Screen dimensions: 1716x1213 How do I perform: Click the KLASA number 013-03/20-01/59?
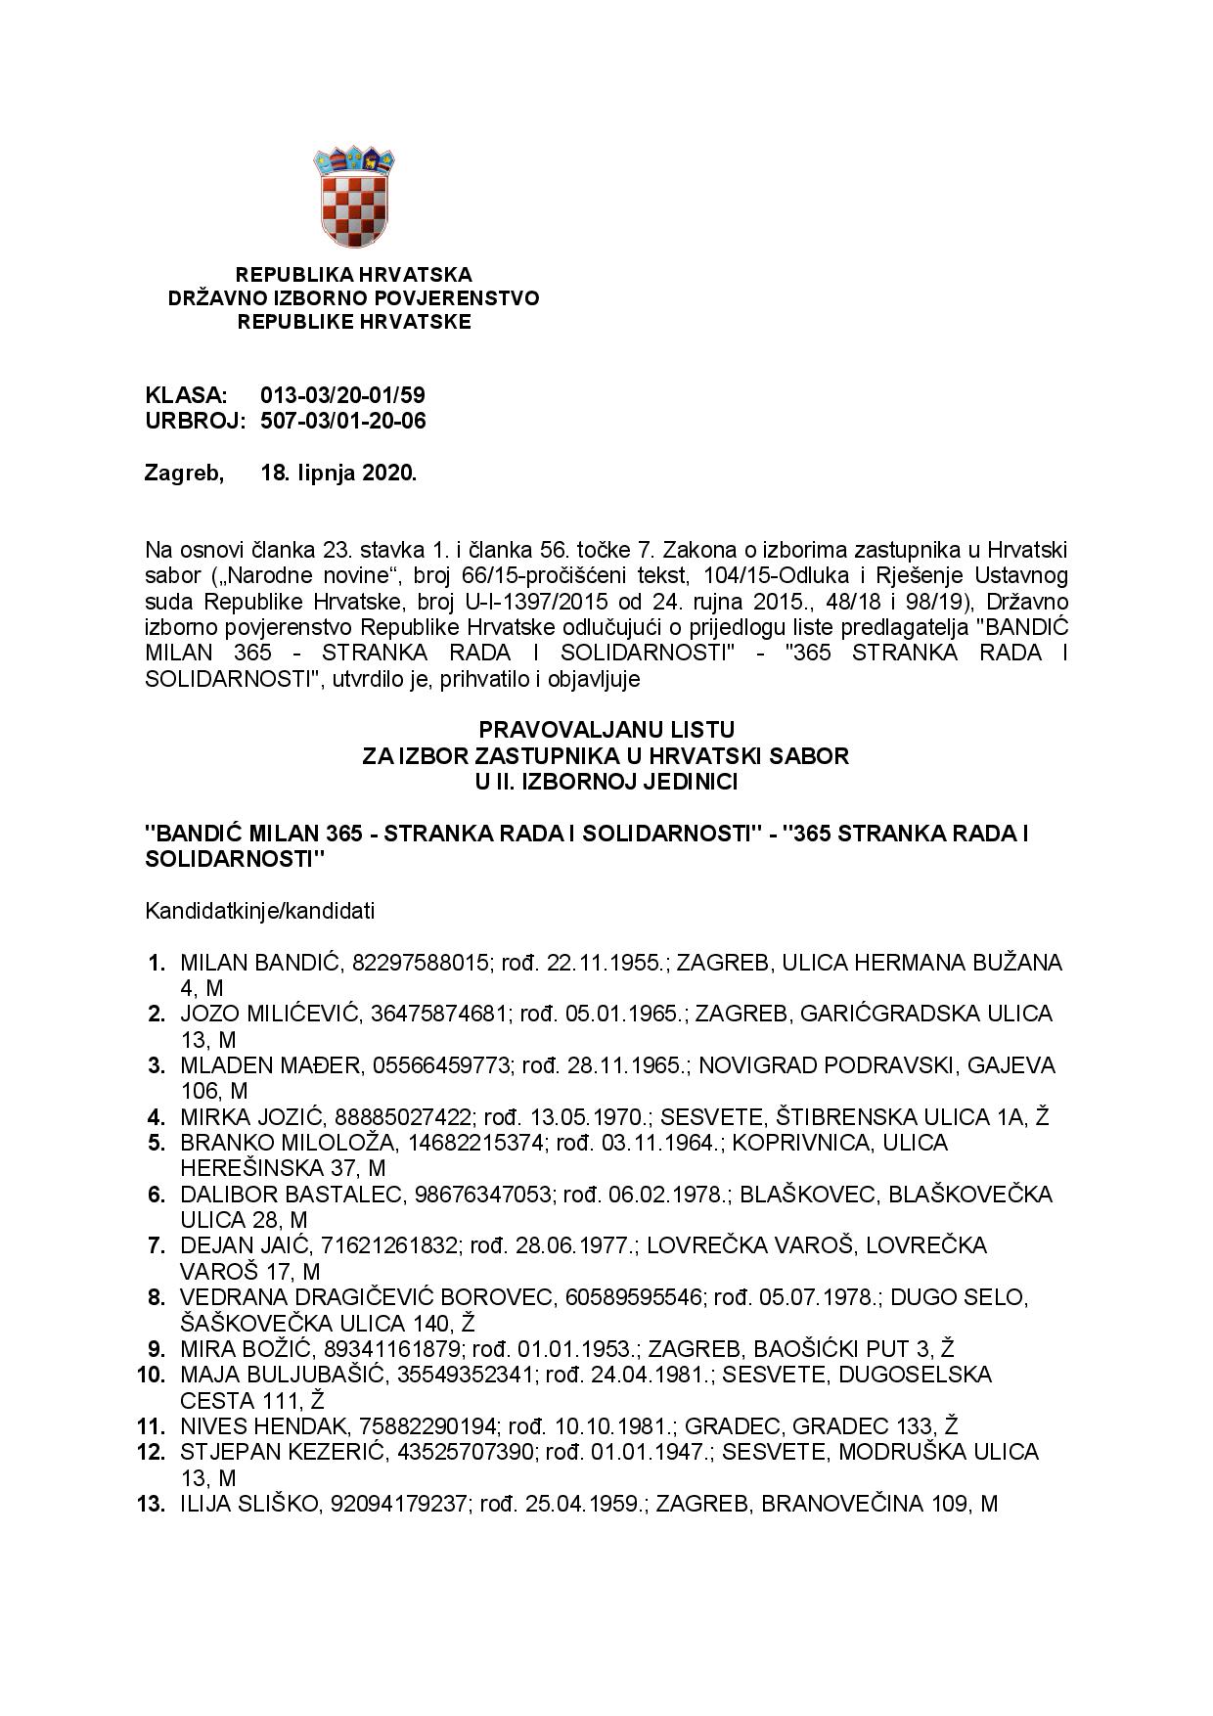pos(342,396)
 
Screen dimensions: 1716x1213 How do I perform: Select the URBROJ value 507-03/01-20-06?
pos(342,422)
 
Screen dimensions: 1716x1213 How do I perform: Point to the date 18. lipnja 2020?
pos(338,474)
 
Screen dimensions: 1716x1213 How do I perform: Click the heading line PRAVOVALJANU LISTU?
pos(606,730)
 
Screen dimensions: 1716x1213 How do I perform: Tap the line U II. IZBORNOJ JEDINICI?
pos(606,782)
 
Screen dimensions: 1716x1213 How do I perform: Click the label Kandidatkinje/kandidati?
pos(259,911)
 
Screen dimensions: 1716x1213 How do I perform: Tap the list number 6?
pos(157,1195)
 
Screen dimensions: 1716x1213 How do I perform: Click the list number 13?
pos(152,1504)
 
